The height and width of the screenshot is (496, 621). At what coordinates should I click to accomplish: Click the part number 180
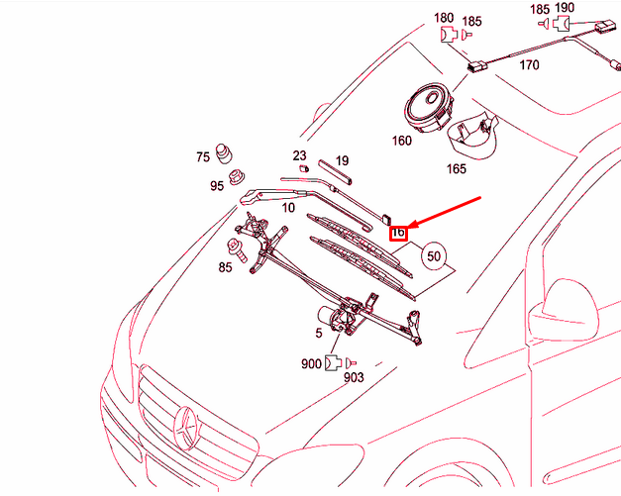pos(445,18)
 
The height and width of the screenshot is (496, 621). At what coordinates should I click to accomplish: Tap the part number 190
pos(564,9)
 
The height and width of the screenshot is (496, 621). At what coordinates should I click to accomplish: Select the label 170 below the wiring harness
pos(529,66)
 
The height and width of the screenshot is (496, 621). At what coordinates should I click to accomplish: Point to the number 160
pos(401,141)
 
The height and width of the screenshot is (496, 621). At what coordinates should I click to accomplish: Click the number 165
pos(456,169)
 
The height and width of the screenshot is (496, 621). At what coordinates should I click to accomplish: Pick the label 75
pos(203,156)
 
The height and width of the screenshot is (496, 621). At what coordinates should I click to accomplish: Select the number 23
pos(300,155)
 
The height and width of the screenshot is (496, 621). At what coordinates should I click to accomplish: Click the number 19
pos(342,160)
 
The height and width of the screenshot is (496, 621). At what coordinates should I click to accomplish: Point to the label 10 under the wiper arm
pos(288,207)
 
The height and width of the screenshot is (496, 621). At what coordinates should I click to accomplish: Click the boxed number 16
pos(398,235)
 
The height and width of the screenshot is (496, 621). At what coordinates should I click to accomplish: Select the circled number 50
pos(433,255)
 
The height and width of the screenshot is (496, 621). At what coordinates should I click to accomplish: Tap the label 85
pos(226,267)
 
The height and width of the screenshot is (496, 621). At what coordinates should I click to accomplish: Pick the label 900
pos(311,363)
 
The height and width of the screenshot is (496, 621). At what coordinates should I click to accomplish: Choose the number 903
pos(354,377)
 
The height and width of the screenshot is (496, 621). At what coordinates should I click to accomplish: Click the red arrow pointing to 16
pos(446,214)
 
